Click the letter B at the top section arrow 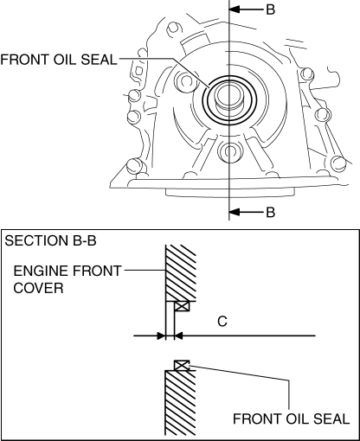coord(270,10)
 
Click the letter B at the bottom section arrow coord(270,213)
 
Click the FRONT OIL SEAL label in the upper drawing coord(59,60)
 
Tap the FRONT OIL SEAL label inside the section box coord(291,419)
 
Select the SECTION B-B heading coord(50,240)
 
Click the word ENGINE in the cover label coord(41,271)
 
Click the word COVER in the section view coord(38,288)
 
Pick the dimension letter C coord(222,321)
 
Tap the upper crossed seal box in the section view coord(182,306)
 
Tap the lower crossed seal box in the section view coord(182,365)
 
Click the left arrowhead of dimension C coord(161,336)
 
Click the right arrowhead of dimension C coord(179,336)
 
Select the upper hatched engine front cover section coord(181,273)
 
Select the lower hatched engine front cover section coord(180,402)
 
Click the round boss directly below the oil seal coord(228,150)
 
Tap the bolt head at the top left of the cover coord(174,29)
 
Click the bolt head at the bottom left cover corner coord(133,166)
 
